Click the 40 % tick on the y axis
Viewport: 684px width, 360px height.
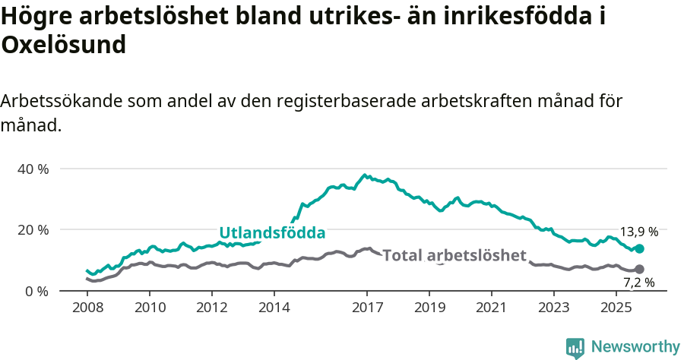(x=33, y=169)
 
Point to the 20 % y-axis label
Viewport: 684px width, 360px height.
(x=33, y=229)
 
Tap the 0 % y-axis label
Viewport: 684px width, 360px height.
(x=36, y=291)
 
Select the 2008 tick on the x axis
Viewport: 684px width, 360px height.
(x=87, y=308)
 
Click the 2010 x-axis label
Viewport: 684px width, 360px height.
(x=150, y=308)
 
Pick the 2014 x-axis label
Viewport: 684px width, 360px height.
(x=274, y=308)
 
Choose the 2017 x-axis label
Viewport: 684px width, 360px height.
(x=367, y=308)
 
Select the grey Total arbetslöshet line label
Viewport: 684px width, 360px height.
(x=454, y=255)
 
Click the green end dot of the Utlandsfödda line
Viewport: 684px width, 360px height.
(x=639, y=248)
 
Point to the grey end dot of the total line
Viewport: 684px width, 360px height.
(x=639, y=269)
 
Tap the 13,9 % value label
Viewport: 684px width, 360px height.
(x=639, y=232)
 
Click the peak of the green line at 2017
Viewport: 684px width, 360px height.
(x=365, y=175)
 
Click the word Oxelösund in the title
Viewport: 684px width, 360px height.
(x=63, y=45)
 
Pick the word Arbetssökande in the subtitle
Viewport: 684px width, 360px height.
(x=62, y=101)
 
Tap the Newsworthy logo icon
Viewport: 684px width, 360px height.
(x=575, y=348)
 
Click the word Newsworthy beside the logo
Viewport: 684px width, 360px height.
(x=635, y=347)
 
